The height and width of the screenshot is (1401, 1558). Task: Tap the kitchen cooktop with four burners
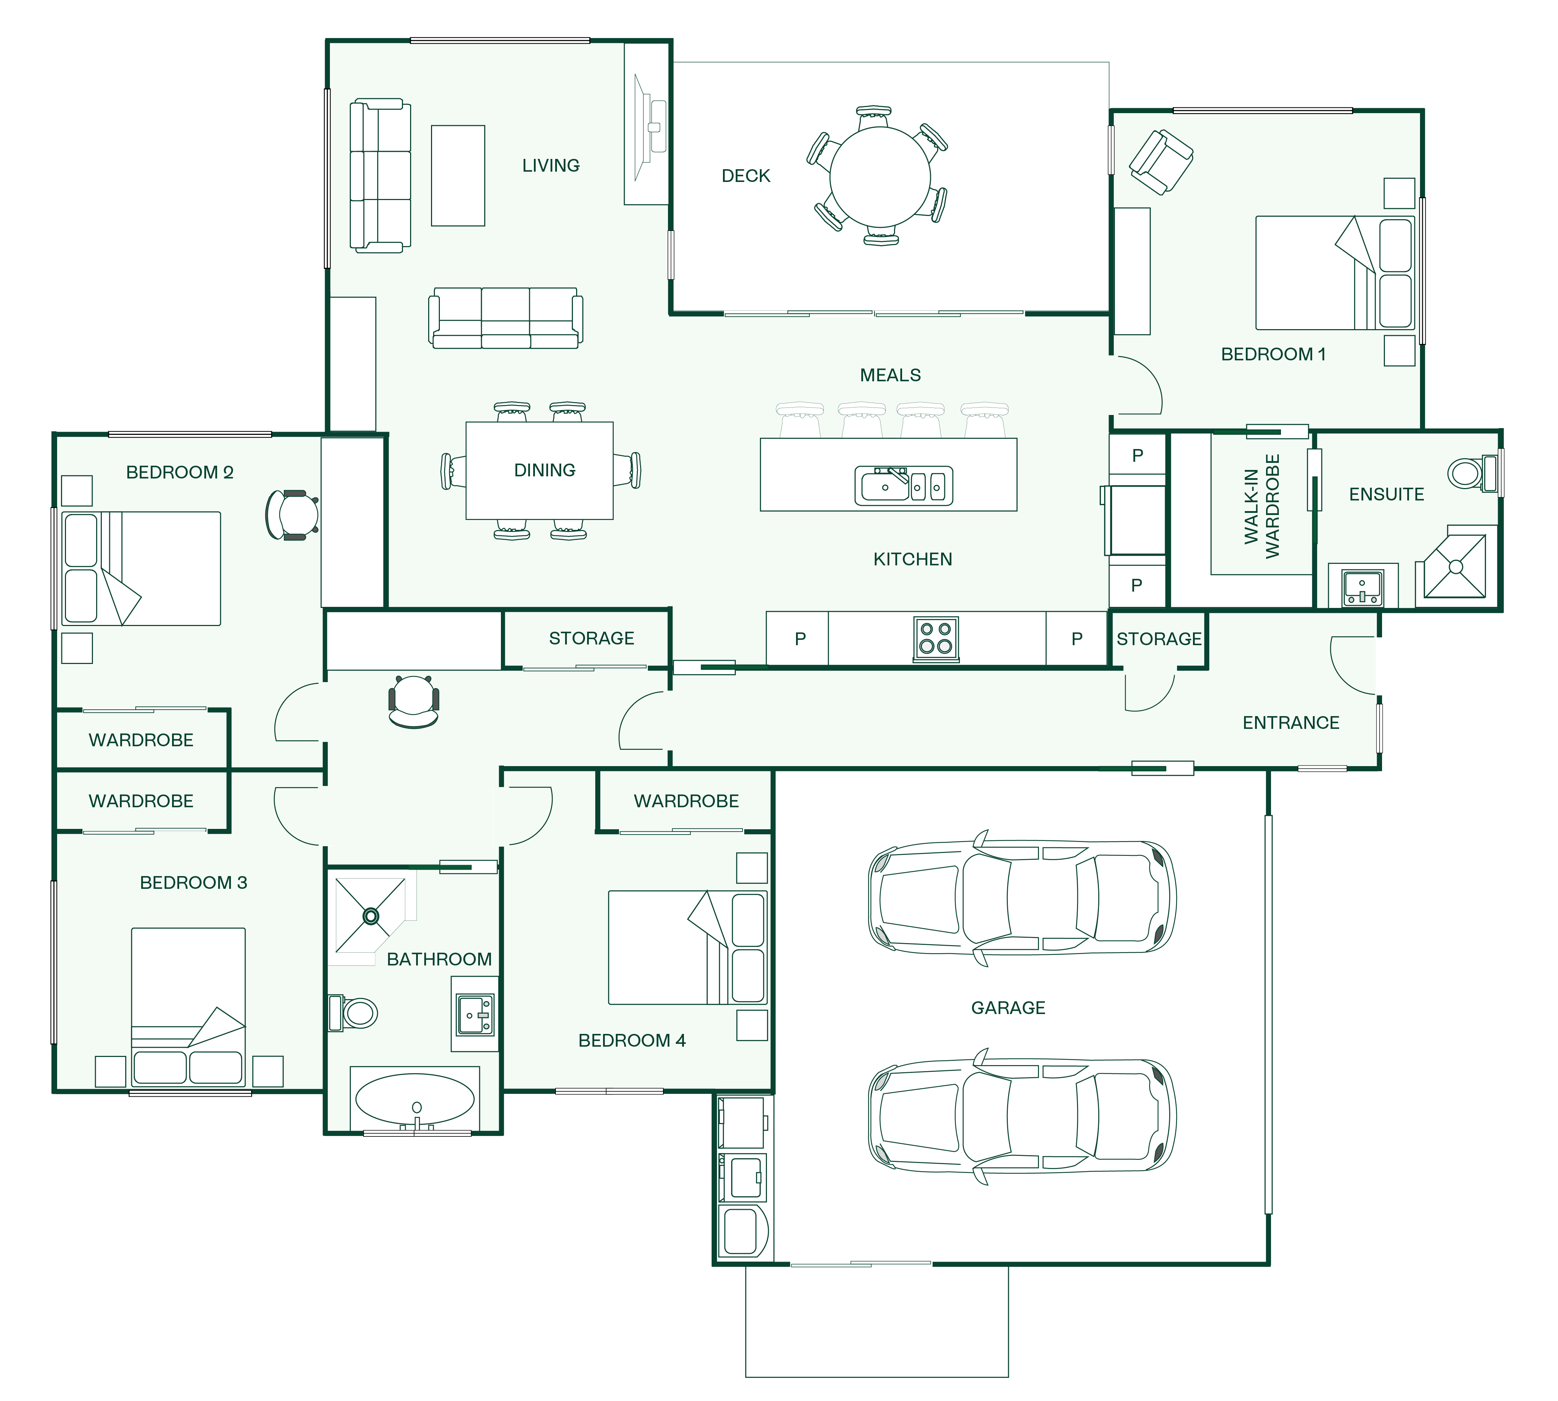tap(936, 639)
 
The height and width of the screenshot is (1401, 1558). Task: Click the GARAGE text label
tap(1009, 1008)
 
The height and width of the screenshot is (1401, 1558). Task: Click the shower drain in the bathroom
tap(371, 916)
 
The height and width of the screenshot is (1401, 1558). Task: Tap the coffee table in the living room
tap(458, 176)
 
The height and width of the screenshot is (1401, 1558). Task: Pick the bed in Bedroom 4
tap(687, 948)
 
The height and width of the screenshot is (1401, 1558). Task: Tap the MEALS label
tap(891, 375)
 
